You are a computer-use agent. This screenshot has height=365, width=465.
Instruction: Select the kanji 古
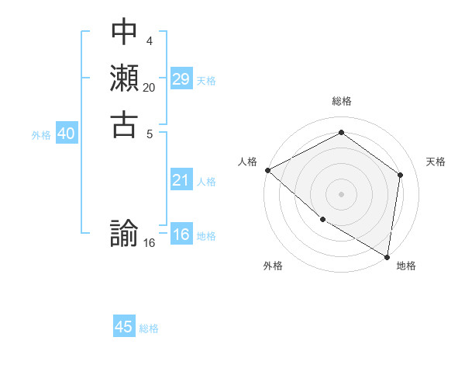coord(124,124)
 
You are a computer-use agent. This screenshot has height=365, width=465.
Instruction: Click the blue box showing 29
coord(181,79)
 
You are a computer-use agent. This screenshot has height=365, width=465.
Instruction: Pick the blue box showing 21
coord(181,180)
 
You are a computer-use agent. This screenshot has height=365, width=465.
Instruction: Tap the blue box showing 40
coord(66,134)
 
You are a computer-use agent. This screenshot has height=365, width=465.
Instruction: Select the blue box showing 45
coord(124,327)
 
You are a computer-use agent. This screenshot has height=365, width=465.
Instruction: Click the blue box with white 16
coord(181,235)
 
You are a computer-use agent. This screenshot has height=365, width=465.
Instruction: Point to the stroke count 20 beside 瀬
coord(150,88)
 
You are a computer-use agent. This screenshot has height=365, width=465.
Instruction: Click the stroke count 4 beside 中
coord(149,40)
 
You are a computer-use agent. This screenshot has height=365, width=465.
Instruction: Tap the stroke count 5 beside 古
coord(149,134)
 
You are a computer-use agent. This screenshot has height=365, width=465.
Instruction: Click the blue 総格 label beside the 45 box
coord(149,328)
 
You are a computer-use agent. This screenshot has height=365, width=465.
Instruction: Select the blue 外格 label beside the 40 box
coord(41,135)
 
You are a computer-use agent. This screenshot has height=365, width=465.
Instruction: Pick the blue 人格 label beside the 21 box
coord(206,182)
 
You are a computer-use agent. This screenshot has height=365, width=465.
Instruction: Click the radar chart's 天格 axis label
coord(436,162)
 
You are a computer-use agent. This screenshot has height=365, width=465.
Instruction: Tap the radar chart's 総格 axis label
coord(341,102)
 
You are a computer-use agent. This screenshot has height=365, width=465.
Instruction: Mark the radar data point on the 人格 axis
coord(267,170)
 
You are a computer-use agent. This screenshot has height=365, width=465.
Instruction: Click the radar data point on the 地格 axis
coord(387,255)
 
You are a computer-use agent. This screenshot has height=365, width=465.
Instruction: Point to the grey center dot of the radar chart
coord(341,193)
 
